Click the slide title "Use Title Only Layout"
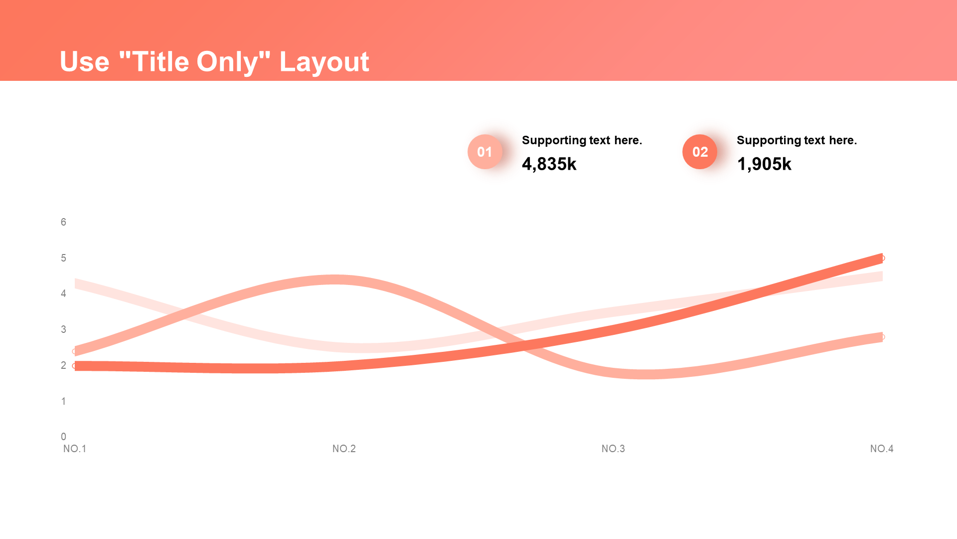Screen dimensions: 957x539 click(214, 62)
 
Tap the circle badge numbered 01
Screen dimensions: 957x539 click(484, 152)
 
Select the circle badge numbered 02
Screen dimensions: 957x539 click(700, 152)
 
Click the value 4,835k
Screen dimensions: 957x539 click(549, 164)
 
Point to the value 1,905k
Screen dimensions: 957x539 click(764, 164)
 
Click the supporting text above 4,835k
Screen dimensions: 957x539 click(582, 140)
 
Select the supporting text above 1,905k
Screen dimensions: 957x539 click(797, 140)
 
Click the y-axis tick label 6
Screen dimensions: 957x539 click(63, 222)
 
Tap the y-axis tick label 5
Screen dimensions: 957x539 click(63, 258)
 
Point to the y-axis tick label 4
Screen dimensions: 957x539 click(63, 293)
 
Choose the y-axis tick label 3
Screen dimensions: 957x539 click(63, 329)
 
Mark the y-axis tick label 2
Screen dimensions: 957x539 click(63, 365)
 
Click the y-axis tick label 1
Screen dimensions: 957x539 click(63, 401)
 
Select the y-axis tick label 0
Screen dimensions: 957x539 click(63, 437)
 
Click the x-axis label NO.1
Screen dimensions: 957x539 click(75, 449)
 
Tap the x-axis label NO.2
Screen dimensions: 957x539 click(344, 449)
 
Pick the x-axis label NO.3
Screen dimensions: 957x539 click(613, 449)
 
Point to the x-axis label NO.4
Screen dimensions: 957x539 click(882, 449)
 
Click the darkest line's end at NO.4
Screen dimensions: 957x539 click(882, 258)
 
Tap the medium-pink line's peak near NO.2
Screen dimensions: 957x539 click(335, 280)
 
